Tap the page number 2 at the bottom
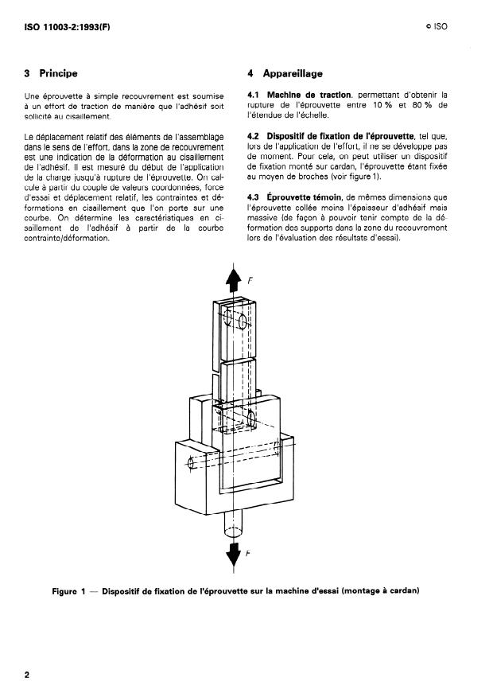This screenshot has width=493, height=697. coord(27,675)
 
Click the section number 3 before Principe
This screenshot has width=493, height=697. coord(28,74)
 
